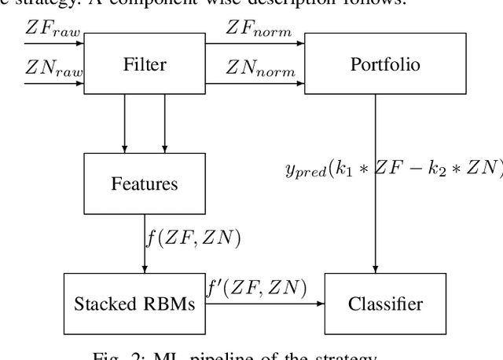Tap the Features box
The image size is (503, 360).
(145, 184)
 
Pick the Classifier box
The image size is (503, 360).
(375, 304)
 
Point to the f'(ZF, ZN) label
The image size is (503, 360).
(258, 287)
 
